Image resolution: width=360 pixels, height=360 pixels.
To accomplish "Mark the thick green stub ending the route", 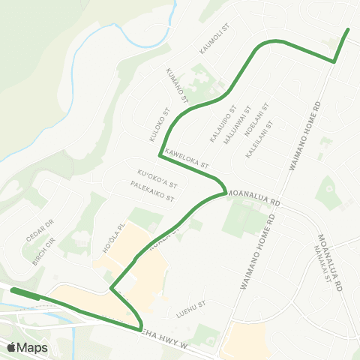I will (x=25, y=293).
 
